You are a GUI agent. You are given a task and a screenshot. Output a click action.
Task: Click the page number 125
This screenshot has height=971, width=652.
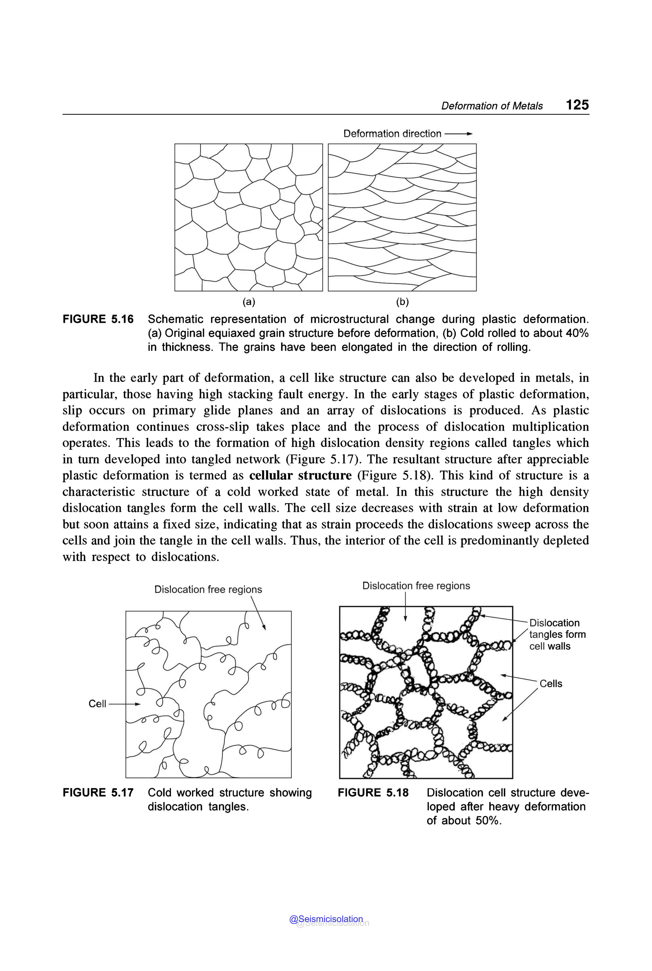click(x=577, y=104)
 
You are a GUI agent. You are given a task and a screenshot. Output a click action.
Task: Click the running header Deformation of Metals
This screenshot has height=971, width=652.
click(x=492, y=106)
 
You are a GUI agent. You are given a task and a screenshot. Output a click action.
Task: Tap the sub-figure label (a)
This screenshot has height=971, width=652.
click(x=249, y=302)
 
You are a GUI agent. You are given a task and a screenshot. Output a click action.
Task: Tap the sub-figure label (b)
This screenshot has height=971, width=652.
click(x=402, y=302)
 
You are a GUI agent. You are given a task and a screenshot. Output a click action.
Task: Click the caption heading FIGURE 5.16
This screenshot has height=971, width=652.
click(x=98, y=319)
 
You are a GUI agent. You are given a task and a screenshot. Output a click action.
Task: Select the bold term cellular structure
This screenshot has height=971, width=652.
click(x=300, y=475)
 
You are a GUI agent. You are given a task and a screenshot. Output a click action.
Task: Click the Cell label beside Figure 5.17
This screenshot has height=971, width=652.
click(x=97, y=704)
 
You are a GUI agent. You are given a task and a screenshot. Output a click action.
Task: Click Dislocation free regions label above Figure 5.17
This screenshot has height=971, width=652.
click(x=208, y=589)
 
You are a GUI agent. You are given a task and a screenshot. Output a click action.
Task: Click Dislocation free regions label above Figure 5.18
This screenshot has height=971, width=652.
click(x=416, y=585)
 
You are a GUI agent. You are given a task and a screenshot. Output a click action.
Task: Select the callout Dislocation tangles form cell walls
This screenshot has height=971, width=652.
click(x=557, y=634)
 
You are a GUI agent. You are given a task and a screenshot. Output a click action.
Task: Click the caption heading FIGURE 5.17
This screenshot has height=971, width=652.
click(x=98, y=793)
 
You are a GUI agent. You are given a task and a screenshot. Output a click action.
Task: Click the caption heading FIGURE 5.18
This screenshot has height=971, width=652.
click(x=373, y=793)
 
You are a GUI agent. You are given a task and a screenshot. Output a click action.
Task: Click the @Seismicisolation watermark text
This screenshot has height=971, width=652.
click(x=326, y=919)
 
